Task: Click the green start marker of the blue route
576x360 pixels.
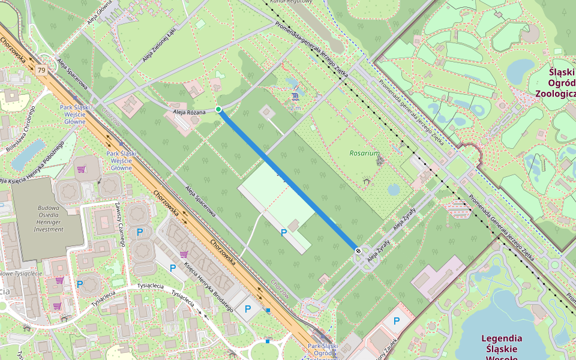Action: (218, 109)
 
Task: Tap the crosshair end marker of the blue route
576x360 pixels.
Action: (358, 251)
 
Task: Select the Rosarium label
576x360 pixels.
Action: (364, 154)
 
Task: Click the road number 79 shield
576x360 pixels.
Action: (41, 70)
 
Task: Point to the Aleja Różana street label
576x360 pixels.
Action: (189, 112)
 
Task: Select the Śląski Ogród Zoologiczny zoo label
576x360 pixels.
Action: (555, 83)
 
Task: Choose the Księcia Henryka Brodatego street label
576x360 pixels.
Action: (208, 287)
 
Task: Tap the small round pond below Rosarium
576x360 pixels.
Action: (394, 190)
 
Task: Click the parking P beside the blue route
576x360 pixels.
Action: (283, 232)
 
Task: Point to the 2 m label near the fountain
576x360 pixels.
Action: (295, 108)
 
